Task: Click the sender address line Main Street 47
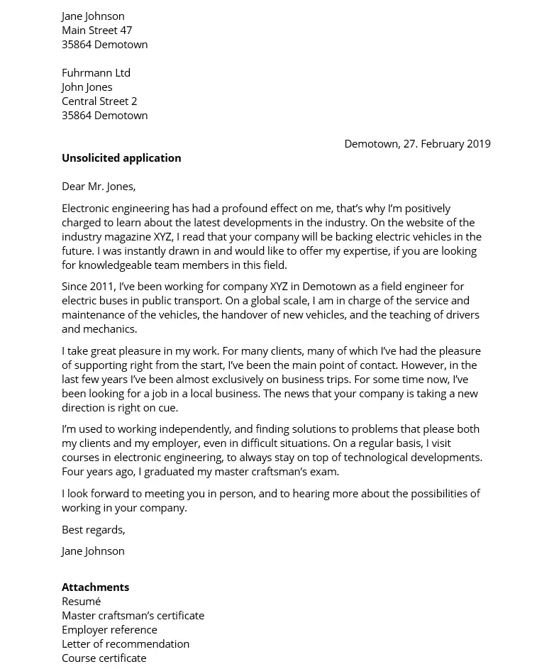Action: tap(96, 30)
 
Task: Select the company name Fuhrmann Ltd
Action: tap(96, 72)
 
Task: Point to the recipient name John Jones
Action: tap(87, 87)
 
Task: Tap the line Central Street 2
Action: tap(99, 101)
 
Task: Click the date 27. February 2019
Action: tap(447, 143)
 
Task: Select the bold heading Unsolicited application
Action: tap(121, 157)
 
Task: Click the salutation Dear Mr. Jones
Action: tap(99, 186)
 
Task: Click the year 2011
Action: tap(102, 286)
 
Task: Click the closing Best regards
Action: tap(93, 529)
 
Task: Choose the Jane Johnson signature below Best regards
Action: tap(93, 551)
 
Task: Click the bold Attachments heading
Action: tap(95, 587)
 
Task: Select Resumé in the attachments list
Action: tap(81, 601)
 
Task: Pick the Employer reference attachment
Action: tap(109, 629)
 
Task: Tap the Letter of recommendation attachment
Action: tap(126, 643)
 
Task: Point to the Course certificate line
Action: tap(104, 658)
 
